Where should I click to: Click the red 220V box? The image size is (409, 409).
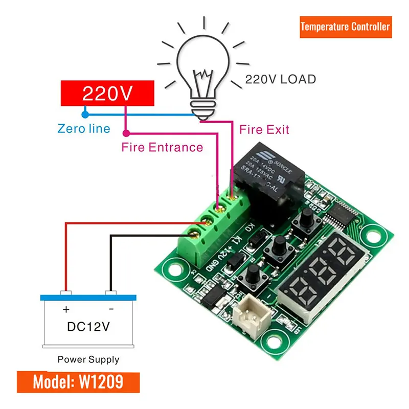coord(107,93)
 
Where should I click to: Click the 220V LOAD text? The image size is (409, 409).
coord(280,79)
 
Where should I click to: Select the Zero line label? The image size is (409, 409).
coord(84,128)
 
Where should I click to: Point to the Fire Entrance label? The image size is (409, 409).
coord(162,147)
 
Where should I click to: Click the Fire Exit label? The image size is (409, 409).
coord(264,129)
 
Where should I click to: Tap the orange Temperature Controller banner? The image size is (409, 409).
coord(345,27)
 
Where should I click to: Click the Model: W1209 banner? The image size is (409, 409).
coord(77,382)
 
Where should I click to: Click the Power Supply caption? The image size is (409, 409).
coord(88,359)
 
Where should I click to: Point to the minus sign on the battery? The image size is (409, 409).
coord(111,309)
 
